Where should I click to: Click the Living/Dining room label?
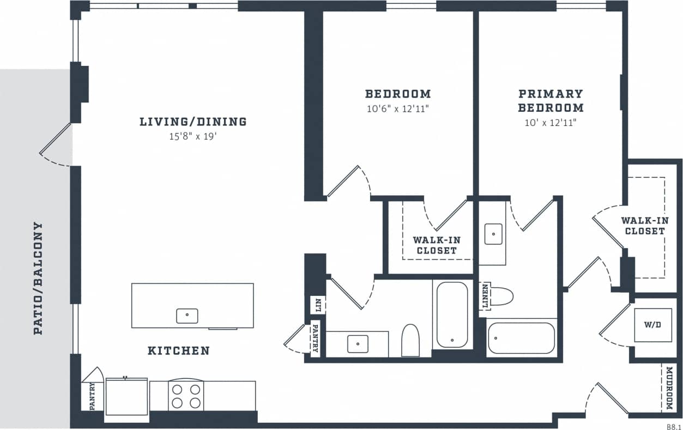pos(193,122)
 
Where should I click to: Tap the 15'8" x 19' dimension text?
pos(193,137)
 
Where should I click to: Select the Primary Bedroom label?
pos(551,100)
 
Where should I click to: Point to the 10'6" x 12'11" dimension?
pos(397,108)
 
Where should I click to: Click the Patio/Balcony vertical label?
pos(38,278)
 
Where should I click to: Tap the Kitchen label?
pos(178,350)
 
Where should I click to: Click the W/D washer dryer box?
pos(652,325)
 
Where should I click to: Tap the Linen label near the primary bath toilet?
pos(485,296)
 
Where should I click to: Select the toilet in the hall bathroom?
pos(409,341)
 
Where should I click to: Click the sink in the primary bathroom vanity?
pos(493,234)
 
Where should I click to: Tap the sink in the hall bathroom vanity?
pos(358,344)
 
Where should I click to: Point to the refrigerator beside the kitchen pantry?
pos(126,396)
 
